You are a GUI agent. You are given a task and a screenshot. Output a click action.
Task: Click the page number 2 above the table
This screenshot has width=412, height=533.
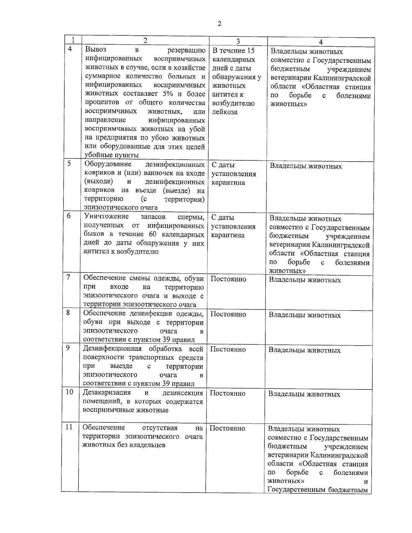pos(219,24)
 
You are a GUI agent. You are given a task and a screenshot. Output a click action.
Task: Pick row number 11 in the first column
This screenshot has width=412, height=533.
pos(69,427)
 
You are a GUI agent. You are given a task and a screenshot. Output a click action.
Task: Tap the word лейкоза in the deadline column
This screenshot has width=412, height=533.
pos(225,112)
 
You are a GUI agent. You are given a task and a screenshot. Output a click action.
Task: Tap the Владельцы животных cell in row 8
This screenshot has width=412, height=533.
pos(305,315)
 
